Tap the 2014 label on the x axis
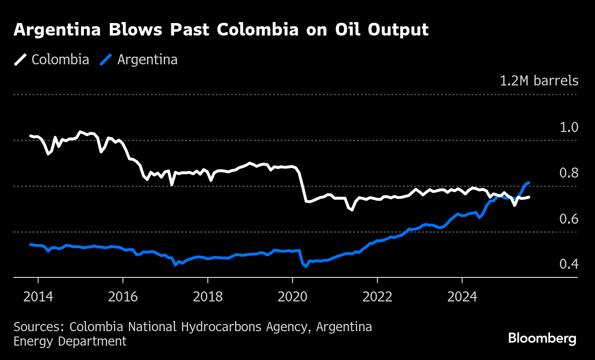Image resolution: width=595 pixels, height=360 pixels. coord(38,296)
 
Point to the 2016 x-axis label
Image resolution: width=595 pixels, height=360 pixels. coord(123,296)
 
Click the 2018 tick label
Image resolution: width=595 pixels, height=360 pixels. coord(208,296)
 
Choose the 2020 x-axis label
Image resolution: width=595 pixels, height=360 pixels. coord(293,296)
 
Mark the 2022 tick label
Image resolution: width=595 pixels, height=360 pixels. coord(378,296)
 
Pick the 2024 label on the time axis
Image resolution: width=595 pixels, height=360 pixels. coord(462,296)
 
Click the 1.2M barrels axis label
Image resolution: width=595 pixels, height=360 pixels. coord(539,81)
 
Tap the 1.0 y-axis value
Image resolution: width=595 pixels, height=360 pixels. coord(569,127)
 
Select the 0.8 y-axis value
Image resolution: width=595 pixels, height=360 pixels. coord(569,173)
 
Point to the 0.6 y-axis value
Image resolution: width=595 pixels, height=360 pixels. coord(569,219)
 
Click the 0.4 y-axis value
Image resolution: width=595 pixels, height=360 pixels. coord(569,264)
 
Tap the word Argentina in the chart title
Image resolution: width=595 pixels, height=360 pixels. coord(57,30)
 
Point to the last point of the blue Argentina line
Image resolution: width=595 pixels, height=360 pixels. coord(529,183)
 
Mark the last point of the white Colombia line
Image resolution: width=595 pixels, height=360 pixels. coord(529,197)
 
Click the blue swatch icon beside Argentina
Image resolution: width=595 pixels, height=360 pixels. coord(106,60)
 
